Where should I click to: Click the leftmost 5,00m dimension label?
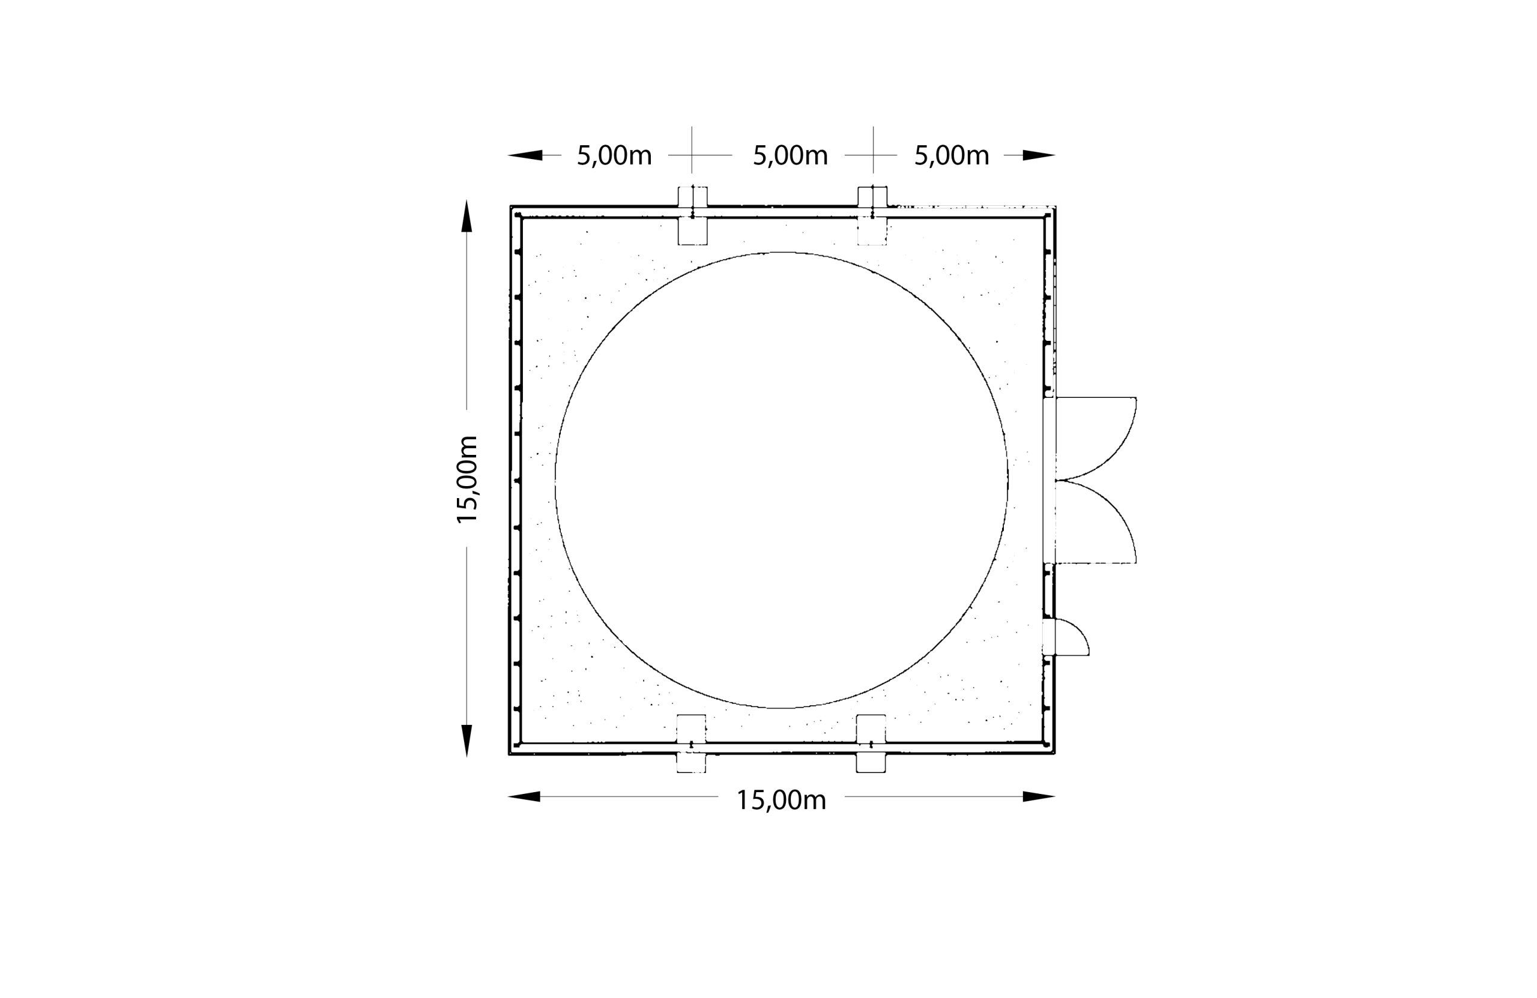(x=614, y=156)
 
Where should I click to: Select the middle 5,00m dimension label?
(x=791, y=156)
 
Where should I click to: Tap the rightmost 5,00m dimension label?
(x=952, y=156)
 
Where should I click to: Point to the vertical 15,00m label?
(x=467, y=479)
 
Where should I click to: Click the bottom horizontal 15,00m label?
(x=782, y=801)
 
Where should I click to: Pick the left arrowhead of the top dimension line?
(x=525, y=155)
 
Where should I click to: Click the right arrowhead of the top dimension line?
(x=1039, y=155)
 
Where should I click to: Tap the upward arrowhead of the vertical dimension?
(x=467, y=215)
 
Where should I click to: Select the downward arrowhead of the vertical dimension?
(x=467, y=741)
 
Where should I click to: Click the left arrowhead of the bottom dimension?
(x=524, y=796)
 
